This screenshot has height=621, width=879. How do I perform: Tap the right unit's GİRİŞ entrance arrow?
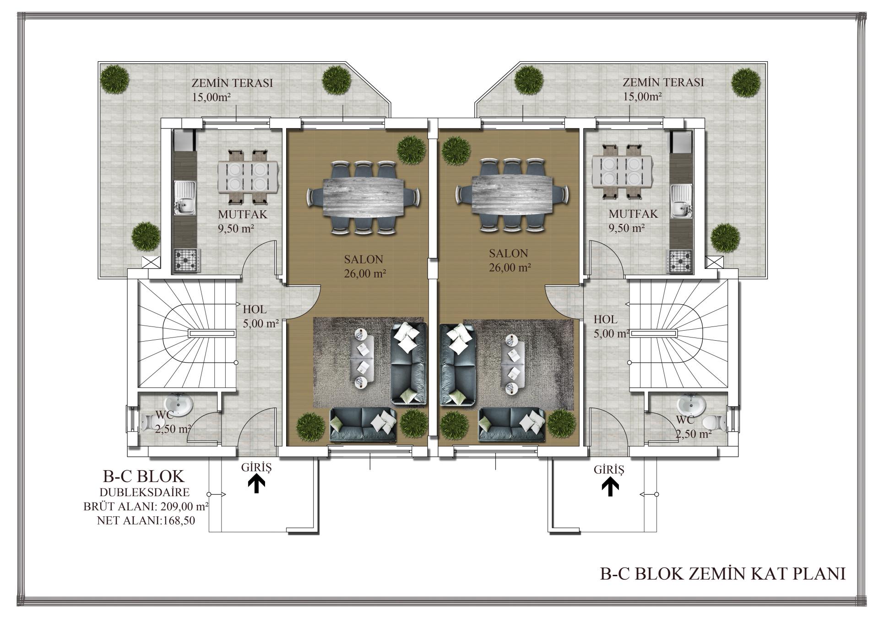[x=610, y=487]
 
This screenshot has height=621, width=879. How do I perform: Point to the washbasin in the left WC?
[x=179, y=405]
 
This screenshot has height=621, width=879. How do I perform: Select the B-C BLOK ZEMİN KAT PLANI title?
[x=722, y=574]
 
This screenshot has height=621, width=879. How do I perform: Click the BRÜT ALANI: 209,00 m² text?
[x=146, y=507]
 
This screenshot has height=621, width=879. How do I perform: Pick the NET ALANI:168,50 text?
[x=146, y=520]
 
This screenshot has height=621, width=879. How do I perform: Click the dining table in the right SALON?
[x=512, y=194]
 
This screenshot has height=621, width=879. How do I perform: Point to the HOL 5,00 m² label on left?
[x=260, y=316]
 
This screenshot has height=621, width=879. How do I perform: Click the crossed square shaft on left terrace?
[x=151, y=262]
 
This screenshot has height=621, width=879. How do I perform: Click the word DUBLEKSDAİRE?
[x=145, y=493]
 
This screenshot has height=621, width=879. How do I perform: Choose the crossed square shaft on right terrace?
[x=713, y=262]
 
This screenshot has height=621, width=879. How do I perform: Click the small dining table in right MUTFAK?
[x=621, y=171]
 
